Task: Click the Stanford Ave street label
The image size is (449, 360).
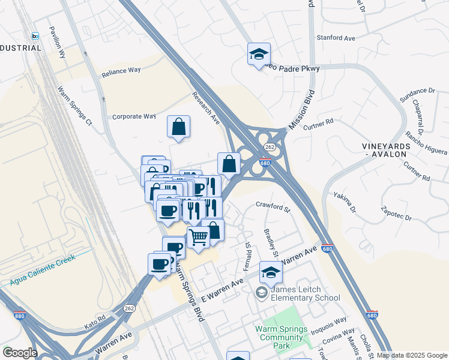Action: coord(337,38)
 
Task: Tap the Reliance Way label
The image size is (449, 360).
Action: coord(121,70)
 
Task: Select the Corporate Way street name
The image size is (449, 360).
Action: coord(134,117)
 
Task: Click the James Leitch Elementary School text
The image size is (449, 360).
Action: coord(305,293)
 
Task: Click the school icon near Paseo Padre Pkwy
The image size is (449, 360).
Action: coord(259,54)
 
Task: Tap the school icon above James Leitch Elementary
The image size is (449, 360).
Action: coord(271,272)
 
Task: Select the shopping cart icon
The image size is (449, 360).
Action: coord(198,237)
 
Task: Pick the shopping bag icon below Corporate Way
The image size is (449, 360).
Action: coord(178,127)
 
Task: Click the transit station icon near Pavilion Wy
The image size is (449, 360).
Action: coord(35,36)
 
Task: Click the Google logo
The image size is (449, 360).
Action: coord(20,353)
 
